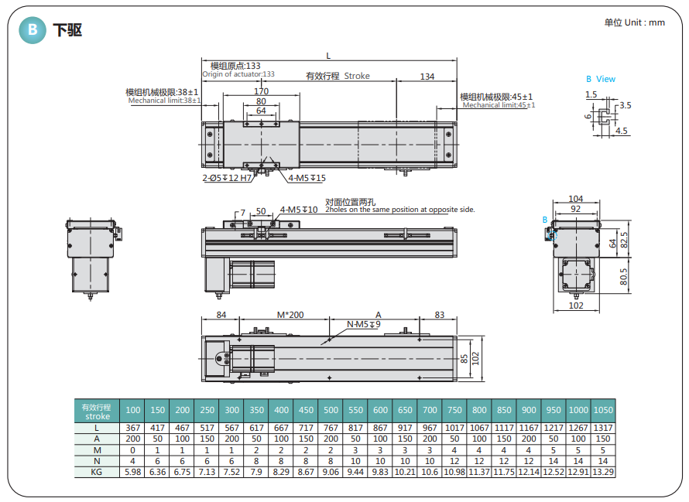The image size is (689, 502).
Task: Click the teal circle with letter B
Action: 33,30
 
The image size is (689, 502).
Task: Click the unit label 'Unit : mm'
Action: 645,22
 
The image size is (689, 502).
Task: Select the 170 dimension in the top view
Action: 261,91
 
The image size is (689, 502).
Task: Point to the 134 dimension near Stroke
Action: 427,77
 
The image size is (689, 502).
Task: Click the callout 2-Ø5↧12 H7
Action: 227,178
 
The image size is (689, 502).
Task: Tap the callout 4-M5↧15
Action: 307,178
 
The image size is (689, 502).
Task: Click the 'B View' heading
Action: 601,79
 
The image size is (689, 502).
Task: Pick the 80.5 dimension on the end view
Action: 623,277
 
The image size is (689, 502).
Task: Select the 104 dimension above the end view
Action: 576,199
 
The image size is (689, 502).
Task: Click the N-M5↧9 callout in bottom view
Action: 364,324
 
